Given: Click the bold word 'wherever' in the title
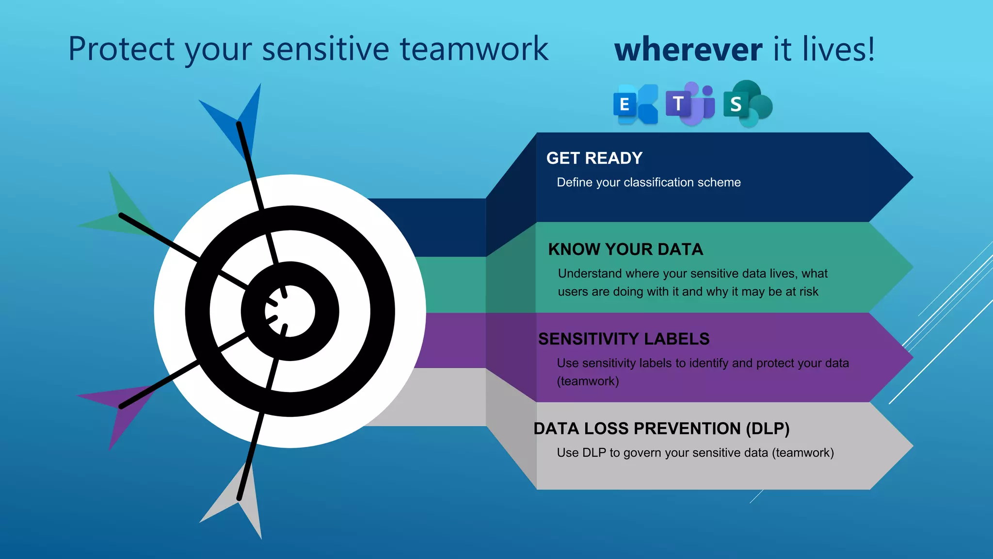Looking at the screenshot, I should coord(688,49).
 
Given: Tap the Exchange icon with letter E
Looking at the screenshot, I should coord(635,104).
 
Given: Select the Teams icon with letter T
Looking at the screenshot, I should coord(690,103).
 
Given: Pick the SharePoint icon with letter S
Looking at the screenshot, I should coord(747,104).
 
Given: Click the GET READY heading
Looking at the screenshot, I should coord(594,158).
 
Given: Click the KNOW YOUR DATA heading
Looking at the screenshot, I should coord(625,249).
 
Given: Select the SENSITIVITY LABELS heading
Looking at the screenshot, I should coord(624,339).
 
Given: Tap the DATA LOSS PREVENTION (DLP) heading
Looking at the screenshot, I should coord(661,428).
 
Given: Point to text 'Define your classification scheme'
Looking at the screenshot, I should coord(648,182).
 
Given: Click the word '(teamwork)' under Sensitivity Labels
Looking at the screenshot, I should coord(588,381).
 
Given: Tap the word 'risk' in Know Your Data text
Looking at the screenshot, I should coord(808,292).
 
